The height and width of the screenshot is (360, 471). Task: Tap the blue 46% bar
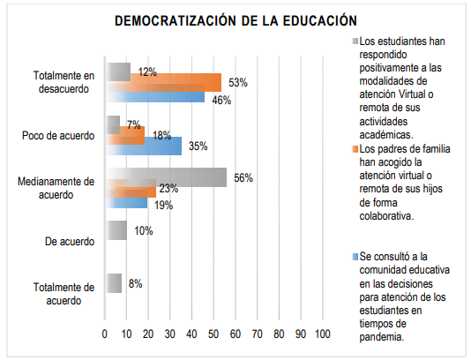[155, 97]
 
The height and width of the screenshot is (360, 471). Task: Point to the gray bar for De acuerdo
[116, 230]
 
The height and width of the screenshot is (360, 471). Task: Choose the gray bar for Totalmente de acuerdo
[113, 283]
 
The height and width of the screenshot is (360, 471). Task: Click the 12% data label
[146, 71]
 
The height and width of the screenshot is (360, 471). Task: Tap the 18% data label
[161, 136]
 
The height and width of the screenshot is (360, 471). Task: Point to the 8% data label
[134, 283]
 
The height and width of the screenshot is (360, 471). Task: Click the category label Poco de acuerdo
[57, 136]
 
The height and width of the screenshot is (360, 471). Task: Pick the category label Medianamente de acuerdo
[55, 188]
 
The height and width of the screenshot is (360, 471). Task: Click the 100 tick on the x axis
[322, 334]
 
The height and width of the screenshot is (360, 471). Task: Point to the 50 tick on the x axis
[213, 334]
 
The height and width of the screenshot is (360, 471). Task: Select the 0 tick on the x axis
[105, 334]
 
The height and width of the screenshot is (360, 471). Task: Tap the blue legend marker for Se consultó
[354, 256]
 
